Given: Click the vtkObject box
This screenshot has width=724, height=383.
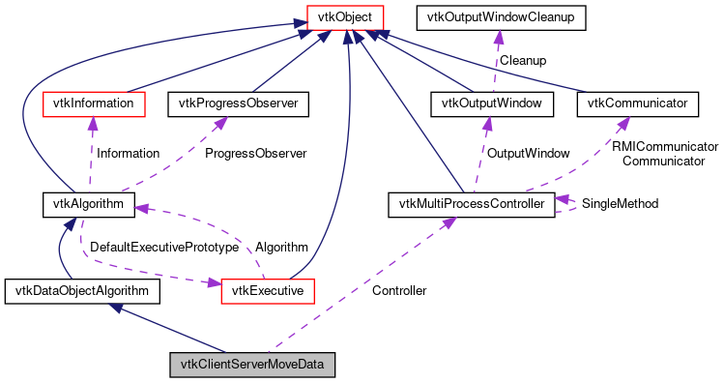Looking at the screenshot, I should coord(340,16).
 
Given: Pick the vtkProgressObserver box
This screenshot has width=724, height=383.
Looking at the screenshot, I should coord(238,103).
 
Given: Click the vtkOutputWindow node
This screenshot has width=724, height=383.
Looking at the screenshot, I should coord(493,103).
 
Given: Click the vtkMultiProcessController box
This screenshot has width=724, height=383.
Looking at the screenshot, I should coord(471,204).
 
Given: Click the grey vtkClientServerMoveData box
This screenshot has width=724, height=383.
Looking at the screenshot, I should coord(253,365).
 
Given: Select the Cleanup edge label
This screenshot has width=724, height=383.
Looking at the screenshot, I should coord(522,60).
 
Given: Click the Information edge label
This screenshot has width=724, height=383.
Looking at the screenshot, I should coord(127,153).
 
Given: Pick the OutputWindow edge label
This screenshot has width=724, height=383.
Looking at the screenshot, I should coord(527,153).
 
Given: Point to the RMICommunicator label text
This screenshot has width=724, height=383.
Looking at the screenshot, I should coord(666,146).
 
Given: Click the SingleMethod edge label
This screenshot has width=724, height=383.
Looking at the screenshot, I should coord(620,204).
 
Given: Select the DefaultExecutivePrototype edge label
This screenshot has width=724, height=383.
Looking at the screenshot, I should coord(163,248).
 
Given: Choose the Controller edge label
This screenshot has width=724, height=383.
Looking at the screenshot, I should coord(399,290).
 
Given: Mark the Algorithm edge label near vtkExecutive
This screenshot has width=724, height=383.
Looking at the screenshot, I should coord(281,248).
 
